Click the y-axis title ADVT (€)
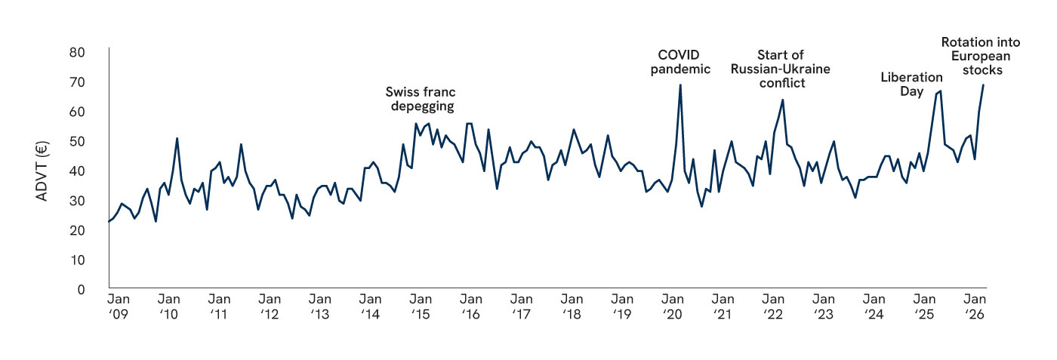click(x=42, y=171)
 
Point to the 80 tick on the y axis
click(x=77, y=53)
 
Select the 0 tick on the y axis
click(x=81, y=290)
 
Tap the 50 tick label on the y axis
click(x=77, y=142)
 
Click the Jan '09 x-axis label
click(x=119, y=306)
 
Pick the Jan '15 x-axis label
click(x=421, y=306)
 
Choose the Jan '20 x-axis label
click(x=673, y=306)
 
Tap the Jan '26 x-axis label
click(x=975, y=306)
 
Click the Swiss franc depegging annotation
click(x=421, y=99)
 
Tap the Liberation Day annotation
click(x=912, y=84)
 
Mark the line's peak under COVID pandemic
click(x=680, y=85)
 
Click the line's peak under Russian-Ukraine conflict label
click(x=782, y=100)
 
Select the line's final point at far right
click(x=983, y=85)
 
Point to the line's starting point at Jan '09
click(x=109, y=221)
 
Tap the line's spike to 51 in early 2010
click(x=177, y=138)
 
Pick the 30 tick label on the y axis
click(x=77, y=201)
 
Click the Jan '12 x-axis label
click(x=270, y=306)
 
